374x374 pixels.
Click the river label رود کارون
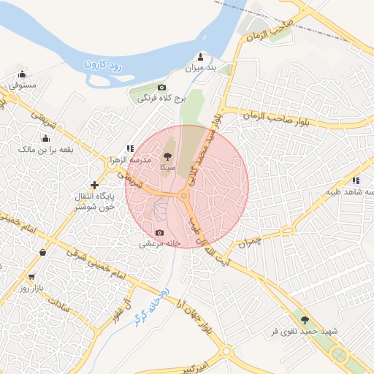click(x=104, y=64)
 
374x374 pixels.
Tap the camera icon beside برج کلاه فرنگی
click(x=162, y=88)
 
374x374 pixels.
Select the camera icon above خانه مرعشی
click(x=160, y=232)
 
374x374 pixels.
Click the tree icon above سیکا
click(x=167, y=156)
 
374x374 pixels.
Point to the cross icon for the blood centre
click(x=93, y=185)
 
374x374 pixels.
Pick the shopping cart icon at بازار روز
click(x=31, y=277)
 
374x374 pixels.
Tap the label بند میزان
click(x=200, y=68)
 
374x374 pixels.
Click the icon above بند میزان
click(x=201, y=56)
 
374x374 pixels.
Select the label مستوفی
click(x=23, y=85)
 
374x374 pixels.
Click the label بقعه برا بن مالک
click(x=46, y=150)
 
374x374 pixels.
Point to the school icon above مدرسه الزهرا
click(x=131, y=148)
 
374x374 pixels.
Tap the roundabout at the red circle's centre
click(x=184, y=196)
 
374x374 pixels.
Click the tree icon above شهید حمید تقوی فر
click(x=305, y=319)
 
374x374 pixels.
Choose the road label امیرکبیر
click(x=216, y=365)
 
